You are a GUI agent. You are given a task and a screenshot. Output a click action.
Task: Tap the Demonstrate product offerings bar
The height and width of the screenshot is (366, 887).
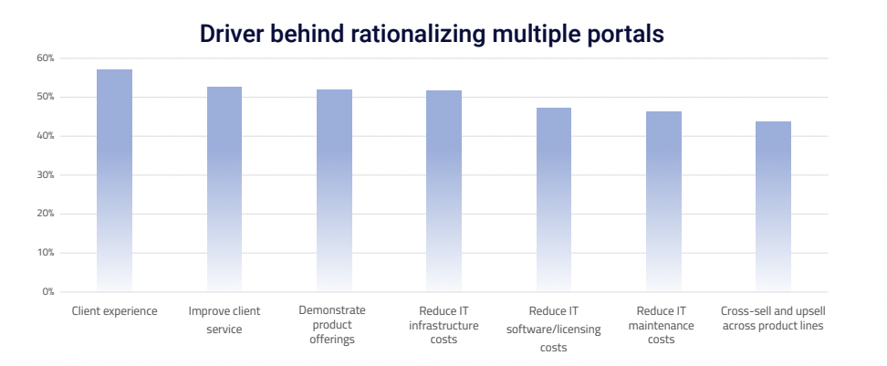point(334,191)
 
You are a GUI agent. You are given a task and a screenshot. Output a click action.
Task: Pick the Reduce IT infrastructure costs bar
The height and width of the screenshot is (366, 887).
point(443,191)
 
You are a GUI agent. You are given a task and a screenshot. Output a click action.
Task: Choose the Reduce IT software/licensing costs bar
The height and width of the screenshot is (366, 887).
point(554,200)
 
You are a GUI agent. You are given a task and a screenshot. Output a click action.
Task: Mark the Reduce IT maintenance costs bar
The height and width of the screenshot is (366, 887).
point(663,202)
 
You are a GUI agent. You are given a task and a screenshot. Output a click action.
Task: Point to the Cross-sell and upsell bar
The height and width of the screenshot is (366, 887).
point(773,206)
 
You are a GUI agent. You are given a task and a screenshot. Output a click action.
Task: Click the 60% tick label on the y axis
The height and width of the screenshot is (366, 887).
point(46,58)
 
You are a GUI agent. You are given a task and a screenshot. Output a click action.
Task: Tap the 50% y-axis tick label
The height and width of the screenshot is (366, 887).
point(46,98)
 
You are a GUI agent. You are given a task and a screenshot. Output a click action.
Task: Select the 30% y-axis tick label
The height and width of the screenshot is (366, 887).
point(46,175)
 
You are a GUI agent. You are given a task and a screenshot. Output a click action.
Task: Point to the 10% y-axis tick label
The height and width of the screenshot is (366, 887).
point(46,253)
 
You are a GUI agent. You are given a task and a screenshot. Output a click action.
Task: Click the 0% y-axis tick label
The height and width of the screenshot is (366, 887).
point(48,292)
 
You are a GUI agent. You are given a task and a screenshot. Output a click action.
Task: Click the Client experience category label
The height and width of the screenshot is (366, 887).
point(115,311)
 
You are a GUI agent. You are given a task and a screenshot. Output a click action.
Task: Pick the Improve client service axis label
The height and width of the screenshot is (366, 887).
point(224,319)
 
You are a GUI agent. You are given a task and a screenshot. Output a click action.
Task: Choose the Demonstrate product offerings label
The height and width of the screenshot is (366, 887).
point(334,325)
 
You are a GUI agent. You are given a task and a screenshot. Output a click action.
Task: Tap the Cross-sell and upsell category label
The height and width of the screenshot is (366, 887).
point(773,319)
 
